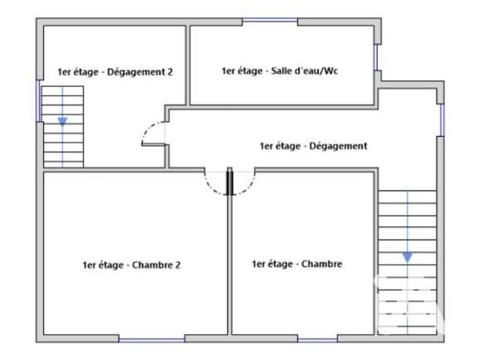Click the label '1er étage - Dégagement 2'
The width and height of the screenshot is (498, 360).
[115, 72]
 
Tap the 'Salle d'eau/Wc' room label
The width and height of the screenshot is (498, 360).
[280, 71]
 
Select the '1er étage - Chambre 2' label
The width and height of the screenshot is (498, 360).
[131, 265]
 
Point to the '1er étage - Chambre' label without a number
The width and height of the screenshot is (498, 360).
[297, 265]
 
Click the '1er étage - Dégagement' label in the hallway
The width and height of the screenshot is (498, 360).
[314, 146]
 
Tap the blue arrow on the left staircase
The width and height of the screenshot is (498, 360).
[62, 122]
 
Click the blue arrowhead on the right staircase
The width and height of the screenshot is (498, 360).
[407, 257]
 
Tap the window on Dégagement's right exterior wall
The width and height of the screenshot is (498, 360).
[442, 119]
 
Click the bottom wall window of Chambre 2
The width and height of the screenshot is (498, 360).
[151, 339]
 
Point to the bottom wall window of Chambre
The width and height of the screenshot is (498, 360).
[318, 339]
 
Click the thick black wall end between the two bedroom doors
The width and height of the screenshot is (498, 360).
[228, 182]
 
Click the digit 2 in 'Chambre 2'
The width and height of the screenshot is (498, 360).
[178, 265]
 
